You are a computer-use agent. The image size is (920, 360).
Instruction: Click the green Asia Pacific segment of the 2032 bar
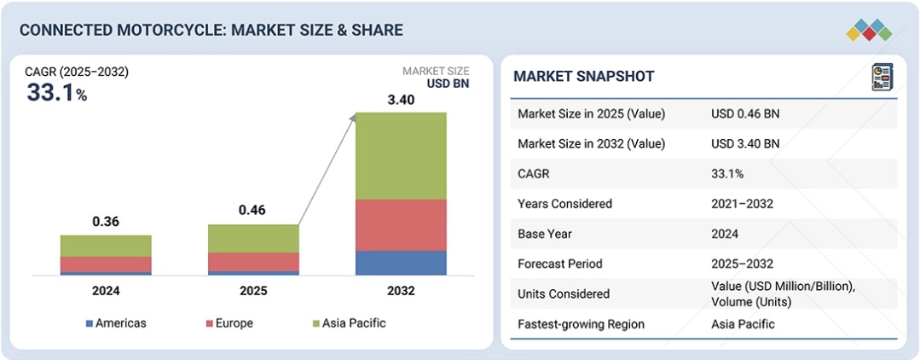tap(401, 155)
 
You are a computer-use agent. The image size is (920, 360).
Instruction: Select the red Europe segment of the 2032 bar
tap(401, 224)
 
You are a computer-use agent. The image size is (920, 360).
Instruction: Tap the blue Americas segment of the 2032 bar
tap(401, 262)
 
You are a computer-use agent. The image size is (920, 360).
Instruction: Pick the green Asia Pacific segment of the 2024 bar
tap(106, 246)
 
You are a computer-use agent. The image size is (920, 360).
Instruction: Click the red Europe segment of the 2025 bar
tap(253, 261)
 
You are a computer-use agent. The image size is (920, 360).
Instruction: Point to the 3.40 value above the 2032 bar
tap(401, 100)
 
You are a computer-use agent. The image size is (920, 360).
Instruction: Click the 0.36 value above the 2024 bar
tap(106, 222)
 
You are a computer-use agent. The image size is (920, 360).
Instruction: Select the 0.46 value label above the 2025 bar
tap(253, 210)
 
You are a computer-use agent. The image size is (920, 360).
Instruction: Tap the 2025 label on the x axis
tap(253, 291)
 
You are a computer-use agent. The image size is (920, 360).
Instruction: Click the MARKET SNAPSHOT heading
tap(584, 77)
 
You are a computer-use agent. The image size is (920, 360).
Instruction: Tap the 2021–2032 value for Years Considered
tap(743, 204)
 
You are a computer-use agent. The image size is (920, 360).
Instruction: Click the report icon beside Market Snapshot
tap(882, 77)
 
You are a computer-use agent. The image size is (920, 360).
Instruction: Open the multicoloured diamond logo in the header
tap(869, 31)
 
